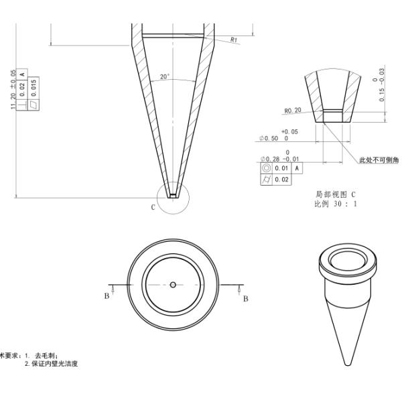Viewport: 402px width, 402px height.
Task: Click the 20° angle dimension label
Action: coord(165,77)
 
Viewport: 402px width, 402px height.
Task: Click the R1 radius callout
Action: coord(234,40)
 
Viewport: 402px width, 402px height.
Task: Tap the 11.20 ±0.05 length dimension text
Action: coord(14,89)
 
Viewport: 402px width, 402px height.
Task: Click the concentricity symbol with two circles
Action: coord(266,167)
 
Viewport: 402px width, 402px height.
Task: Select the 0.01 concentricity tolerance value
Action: coord(281,167)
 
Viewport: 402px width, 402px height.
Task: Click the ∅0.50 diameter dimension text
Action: coord(273,138)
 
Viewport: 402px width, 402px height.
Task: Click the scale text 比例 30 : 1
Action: coord(336,204)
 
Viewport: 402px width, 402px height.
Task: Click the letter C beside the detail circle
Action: coord(153,207)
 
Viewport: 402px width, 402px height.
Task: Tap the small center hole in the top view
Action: coord(173,284)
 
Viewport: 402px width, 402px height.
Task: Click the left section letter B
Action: coord(107,295)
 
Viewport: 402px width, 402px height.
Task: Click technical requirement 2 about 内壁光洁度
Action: coord(52,363)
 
